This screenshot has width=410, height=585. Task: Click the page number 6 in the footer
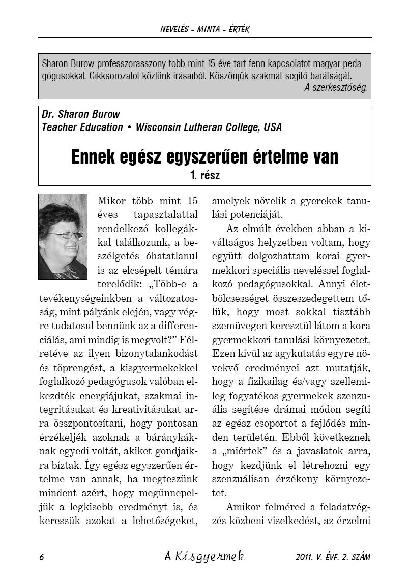[41, 557]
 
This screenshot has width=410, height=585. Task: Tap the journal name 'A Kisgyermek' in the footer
[204, 556]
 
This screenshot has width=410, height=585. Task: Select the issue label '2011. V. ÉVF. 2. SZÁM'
[333, 557]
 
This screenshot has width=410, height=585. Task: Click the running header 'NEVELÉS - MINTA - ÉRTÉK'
[204, 30]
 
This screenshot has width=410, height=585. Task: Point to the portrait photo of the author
[63, 237]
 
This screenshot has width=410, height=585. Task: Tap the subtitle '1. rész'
[204, 176]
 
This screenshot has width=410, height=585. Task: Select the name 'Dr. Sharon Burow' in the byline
[81, 114]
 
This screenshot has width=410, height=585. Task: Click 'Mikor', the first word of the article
[111, 200]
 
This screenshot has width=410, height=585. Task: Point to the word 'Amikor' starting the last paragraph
[241, 507]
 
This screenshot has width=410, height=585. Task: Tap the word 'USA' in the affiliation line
[272, 127]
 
